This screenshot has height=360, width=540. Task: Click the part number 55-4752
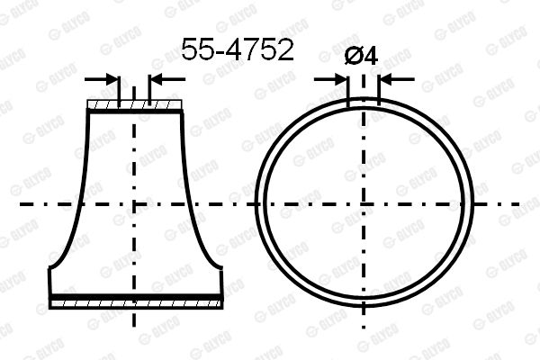[238, 50]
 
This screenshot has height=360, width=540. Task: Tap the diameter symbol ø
[355, 55]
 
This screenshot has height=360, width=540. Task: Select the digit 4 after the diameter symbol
[369, 55]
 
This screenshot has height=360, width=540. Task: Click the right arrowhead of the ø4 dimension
[384, 79]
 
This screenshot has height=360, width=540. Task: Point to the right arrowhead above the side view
[155, 79]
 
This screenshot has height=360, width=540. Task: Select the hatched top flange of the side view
[134, 106]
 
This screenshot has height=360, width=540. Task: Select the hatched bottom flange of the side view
[134, 305]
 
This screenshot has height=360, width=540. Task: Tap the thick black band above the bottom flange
[134, 296]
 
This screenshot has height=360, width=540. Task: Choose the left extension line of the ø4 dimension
[348, 90]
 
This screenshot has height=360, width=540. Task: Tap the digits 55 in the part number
[195, 50]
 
